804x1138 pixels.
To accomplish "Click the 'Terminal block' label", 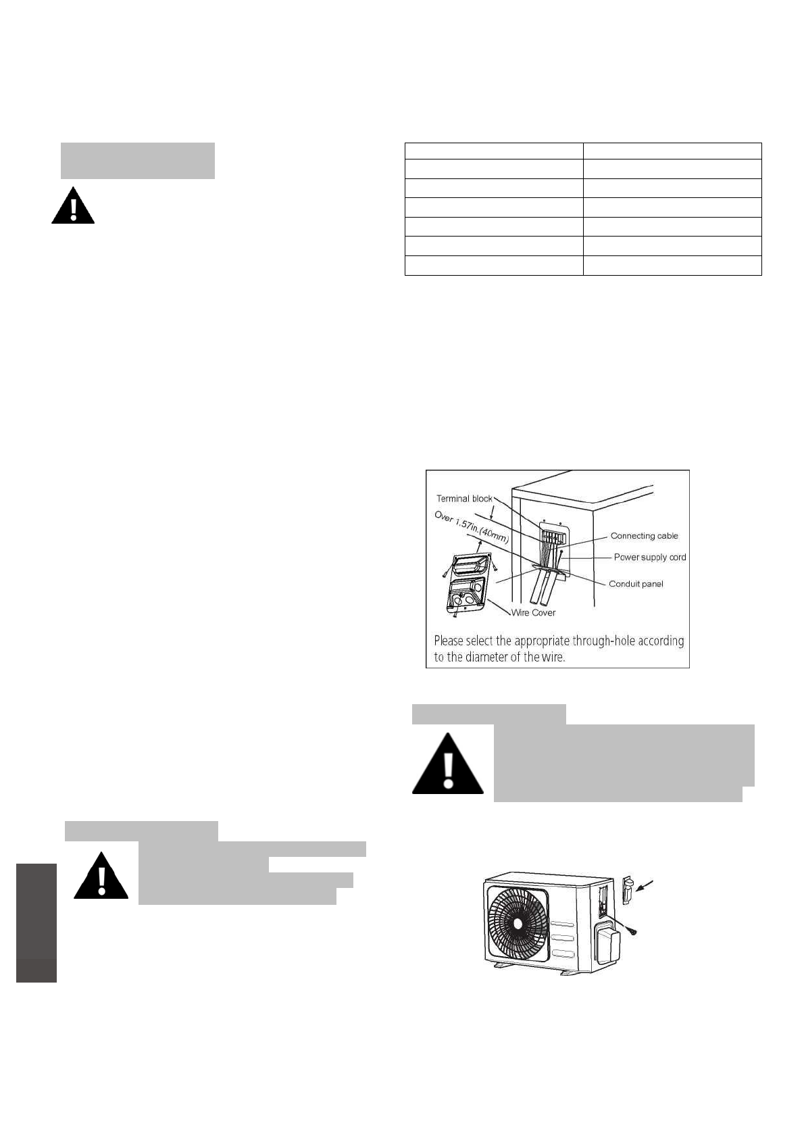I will coord(464,499).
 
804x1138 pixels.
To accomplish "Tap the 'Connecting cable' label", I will coord(644,536).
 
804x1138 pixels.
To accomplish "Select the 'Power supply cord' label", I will coord(649,558).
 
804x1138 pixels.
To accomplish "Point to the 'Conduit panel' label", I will coord(636,584).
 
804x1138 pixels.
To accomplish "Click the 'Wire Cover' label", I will coord(533,613).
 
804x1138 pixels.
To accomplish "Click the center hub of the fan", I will coord(518,923).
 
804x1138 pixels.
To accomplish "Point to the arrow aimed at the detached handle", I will coord(648,885).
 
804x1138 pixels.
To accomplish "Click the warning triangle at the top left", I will coord(73,205).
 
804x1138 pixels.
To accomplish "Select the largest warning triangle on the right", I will coord(448,764).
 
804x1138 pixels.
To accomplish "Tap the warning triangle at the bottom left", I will coord(101,877).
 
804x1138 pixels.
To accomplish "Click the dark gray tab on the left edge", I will coord(36,922).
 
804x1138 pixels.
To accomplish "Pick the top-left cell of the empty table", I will coord(493,151).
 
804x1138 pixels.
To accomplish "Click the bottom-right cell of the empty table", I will coord(672,266).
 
